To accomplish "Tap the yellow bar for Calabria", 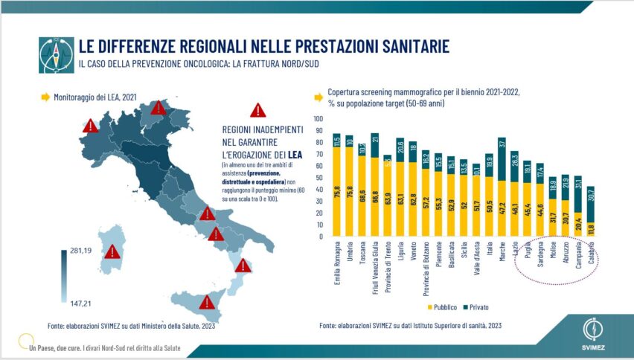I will pyautogui.click(x=592, y=229).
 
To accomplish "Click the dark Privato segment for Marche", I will pyautogui.click(x=502, y=159).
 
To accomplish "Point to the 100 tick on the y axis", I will pyautogui.click(x=318, y=119).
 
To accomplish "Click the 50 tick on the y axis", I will pyautogui.click(x=320, y=178).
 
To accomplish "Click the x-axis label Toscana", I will pyautogui.click(x=362, y=260).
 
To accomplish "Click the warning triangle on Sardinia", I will pyautogui.click(x=112, y=252).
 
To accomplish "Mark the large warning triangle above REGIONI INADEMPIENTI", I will pyautogui.click(x=257, y=111).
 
